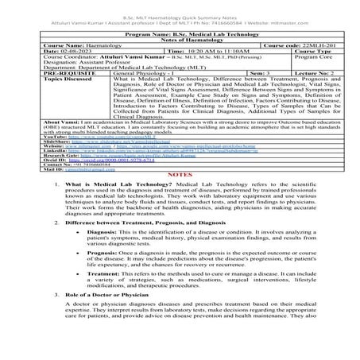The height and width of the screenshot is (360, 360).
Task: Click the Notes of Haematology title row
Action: click(180, 39)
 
